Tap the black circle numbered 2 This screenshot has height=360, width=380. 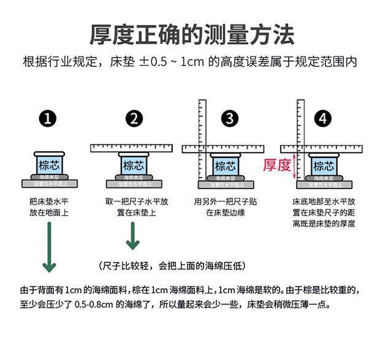point(134,119)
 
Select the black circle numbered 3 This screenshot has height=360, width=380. point(229,119)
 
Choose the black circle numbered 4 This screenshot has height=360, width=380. point(323,119)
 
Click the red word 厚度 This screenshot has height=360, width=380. point(276,165)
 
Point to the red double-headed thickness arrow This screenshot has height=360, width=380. point(295,166)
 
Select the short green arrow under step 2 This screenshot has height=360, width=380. point(132,236)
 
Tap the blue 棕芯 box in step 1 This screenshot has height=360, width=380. point(48,165)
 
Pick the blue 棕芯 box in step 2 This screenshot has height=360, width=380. point(135,165)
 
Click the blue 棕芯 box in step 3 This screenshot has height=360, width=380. point(224,165)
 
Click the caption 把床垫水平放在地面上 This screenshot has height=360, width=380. point(48,207)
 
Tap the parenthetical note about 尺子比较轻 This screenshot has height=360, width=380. point(172,265)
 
